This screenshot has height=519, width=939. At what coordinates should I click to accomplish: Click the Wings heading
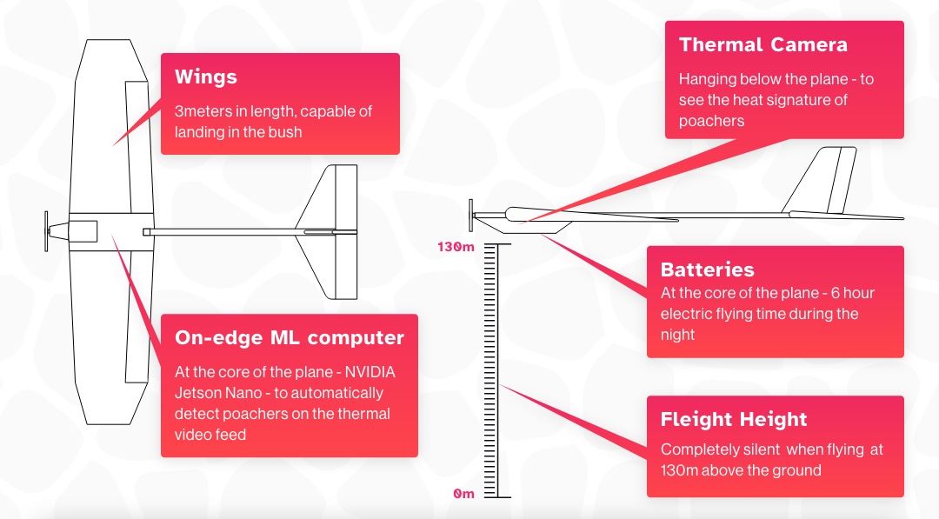(x=205, y=77)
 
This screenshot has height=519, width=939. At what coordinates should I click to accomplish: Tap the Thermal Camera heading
(x=763, y=45)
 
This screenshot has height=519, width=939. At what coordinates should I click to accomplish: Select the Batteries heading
(x=707, y=269)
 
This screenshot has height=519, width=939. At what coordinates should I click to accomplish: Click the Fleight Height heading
(x=733, y=419)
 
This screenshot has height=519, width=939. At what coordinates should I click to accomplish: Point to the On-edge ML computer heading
(x=289, y=337)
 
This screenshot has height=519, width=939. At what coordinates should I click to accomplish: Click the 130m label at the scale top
(x=456, y=247)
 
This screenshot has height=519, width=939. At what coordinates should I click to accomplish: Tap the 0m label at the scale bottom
(x=463, y=494)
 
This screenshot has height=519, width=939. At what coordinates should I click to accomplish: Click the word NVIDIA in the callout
(x=365, y=372)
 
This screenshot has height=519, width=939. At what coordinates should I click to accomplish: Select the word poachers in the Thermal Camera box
(x=711, y=121)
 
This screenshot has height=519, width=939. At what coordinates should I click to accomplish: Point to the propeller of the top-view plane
(x=47, y=230)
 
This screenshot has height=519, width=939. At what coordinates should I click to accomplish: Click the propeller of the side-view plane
(x=471, y=212)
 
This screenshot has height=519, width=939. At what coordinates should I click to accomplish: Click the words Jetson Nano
(x=219, y=393)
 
